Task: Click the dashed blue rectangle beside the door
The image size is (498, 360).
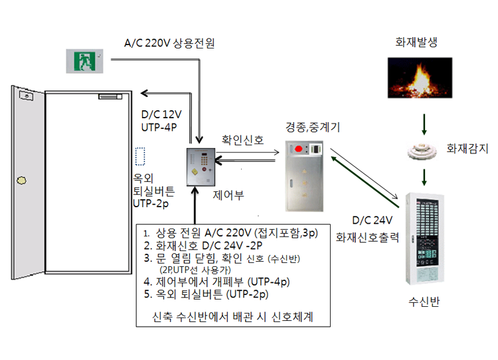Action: [139, 157]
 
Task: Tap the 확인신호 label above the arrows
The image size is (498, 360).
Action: [242, 140]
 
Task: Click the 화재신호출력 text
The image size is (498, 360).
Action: [367, 236]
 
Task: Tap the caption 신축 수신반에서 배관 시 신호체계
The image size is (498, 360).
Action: [228, 317]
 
